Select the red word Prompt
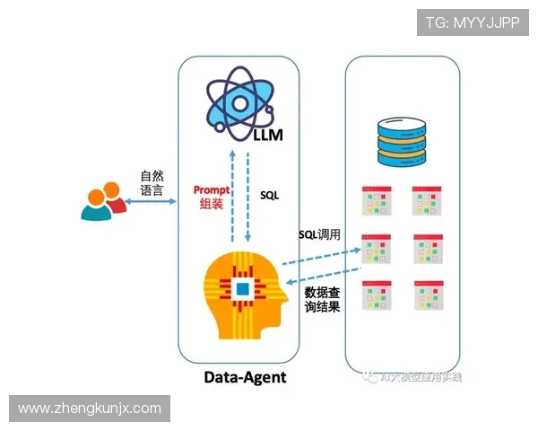tap(212, 190)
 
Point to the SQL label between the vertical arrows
tap(269, 194)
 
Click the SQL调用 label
tap(319, 234)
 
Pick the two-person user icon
tap(102, 202)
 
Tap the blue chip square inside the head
tap(241, 288)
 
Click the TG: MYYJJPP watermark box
tap(472, 22)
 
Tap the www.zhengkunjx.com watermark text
tap(89, 409)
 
